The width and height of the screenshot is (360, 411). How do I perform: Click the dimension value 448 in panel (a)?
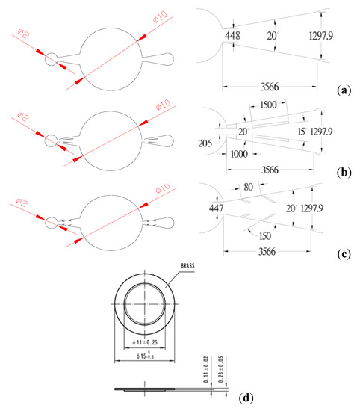pyautogui.click(x=232, y=34)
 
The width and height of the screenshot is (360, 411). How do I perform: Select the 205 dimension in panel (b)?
pyautogui.click(x=206, y=143)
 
